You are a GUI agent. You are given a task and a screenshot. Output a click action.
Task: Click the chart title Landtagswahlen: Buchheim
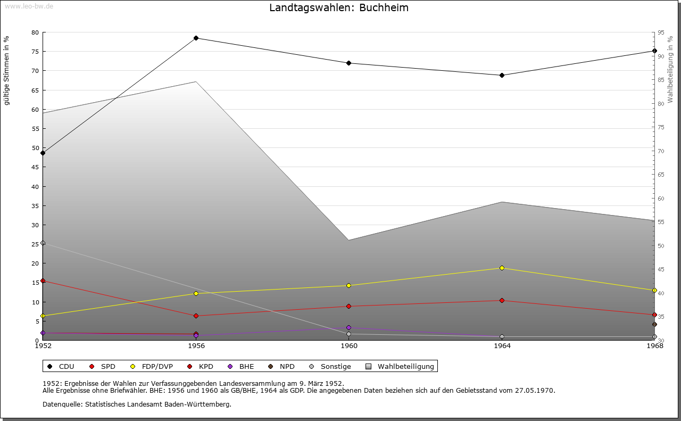coord(339,7)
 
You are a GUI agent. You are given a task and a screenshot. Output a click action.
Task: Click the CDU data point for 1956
coord(196,38)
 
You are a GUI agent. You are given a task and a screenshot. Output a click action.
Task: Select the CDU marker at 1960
coord(348,63)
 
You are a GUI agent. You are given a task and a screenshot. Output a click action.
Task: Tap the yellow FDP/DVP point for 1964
coord(502,268)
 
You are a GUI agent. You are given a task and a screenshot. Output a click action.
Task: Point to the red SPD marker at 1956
coord(196,316)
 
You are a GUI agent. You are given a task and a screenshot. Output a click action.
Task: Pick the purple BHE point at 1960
coord(348,328)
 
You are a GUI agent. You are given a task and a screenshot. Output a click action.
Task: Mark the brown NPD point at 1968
coord(654,325)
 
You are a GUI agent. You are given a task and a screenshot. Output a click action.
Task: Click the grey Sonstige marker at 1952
coord(43,243)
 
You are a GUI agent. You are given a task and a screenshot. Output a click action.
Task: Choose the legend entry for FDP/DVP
coord(152,366)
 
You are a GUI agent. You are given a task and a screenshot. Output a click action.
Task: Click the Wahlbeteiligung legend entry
coord(400,366)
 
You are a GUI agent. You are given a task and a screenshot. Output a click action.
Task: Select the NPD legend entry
coord(281,366)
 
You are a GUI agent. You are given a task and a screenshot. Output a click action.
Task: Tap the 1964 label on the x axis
coord(502,346)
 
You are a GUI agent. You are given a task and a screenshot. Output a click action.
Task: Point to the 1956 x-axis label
coord(196,346)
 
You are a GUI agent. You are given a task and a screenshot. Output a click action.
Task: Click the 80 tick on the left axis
coord(35,32)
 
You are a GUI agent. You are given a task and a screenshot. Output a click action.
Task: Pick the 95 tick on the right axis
coord(661,32)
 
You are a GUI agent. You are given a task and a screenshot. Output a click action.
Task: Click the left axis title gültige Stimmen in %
coord(6,71)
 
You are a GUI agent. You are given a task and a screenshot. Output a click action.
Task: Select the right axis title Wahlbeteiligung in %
coord(670,69)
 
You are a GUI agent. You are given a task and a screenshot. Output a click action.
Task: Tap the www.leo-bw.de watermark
coord(29,6)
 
